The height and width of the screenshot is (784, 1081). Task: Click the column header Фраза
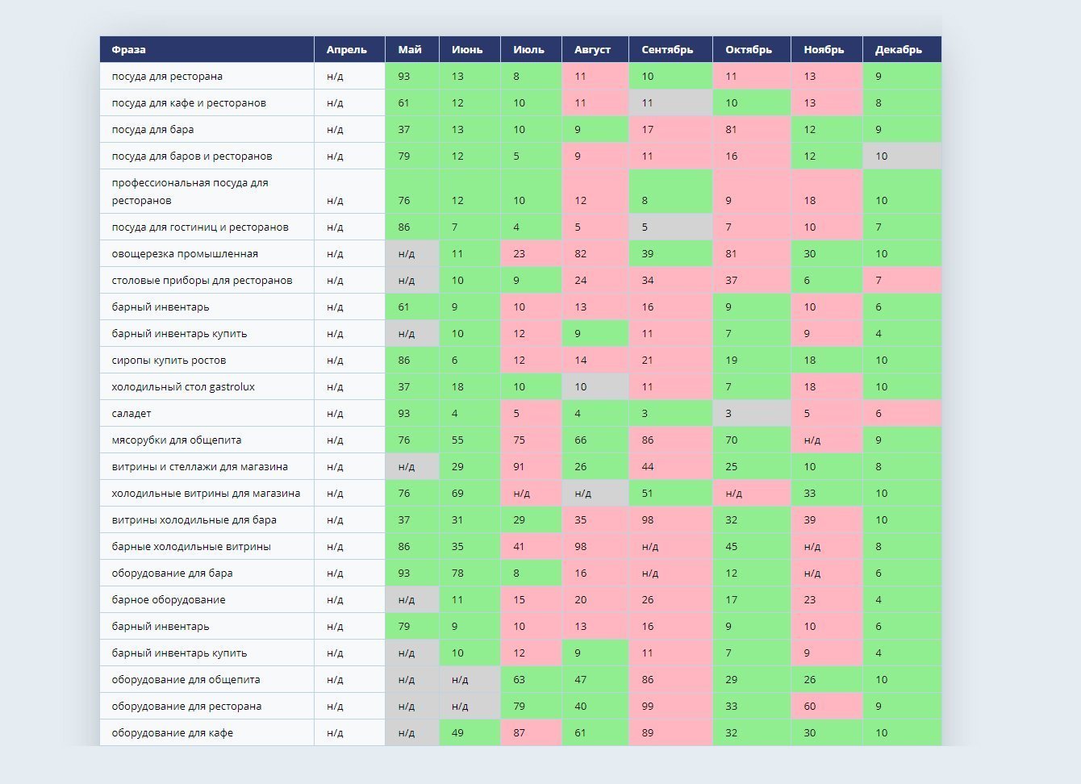click(x=129, y=50)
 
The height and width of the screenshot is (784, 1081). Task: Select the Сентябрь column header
click(x=667, y=50)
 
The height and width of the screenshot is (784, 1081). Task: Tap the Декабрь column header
click(x=898, y=50)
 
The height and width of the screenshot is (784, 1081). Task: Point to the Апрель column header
click(x=346, y=50)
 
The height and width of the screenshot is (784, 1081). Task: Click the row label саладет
click(x=131, y=414)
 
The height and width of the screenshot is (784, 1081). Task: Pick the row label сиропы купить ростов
click(x=169, y=361)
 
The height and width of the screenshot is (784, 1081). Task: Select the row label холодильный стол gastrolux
click(x=183, y=387)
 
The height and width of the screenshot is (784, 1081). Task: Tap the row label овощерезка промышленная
click(x=185, y=254)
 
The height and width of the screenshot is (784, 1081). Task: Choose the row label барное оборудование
click(x=169, y=600)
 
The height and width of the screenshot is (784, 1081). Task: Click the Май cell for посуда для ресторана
click(x=404, y=77)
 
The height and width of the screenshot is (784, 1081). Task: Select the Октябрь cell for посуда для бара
click(x=732, y=130)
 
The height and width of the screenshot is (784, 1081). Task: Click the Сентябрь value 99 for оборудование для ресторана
click(x=648, y=707)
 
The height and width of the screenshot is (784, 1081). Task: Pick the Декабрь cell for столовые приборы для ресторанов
click(x=879, y=281)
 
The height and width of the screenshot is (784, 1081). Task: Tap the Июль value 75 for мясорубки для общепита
click(x=519, y=440)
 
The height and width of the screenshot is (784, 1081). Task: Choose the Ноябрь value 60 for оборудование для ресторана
click(x=810, y=707)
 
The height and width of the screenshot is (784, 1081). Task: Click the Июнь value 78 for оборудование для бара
click(x=457, y=573)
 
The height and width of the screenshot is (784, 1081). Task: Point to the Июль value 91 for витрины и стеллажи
click(x=519, y=467)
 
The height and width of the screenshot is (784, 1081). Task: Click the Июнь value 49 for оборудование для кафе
click(x=457, y=733)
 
